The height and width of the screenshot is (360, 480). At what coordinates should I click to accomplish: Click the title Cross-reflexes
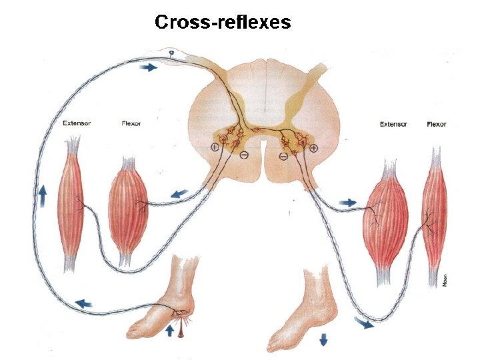[223, 22]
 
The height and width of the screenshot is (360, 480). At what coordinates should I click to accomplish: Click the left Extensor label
[77, 123]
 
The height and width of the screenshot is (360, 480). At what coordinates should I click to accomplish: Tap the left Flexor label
[131, 123]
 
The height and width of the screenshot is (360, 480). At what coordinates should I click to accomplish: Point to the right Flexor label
[436, 124]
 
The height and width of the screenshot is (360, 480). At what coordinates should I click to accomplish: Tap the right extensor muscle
[385, 220]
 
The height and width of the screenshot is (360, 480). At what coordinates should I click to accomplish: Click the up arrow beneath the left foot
[169, 329]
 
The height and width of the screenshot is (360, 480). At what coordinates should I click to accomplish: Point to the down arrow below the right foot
[324, 339]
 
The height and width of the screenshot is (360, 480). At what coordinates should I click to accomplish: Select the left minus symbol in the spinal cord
[244, 155]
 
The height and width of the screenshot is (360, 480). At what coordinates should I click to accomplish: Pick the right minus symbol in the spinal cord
[283, 156]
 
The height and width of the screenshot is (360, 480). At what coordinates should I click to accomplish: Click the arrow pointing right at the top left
[149, 67]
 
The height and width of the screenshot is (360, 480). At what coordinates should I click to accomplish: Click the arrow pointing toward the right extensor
[348, 201]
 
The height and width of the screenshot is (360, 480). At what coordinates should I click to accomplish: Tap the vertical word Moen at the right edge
[445, 281]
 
